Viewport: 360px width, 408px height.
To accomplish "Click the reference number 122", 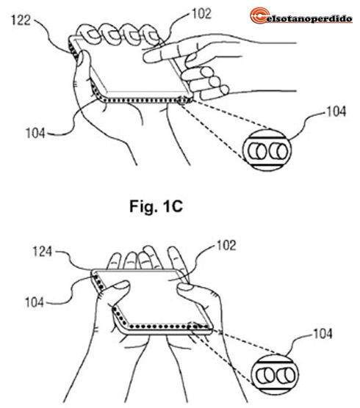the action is [x=21, y=20].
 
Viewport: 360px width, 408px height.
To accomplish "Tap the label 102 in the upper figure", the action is [x=201, y=13].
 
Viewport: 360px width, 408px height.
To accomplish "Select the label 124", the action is [x=42, y=252].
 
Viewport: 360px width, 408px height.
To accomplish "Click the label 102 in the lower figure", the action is [x=226, y=245].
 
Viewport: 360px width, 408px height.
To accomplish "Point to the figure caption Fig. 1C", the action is [x=156, y=206].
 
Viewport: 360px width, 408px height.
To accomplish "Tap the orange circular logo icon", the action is [x=259, y=15].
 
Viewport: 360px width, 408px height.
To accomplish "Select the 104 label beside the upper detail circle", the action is [x=336, y=112].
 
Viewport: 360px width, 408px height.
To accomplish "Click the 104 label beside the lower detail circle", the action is [x=323, y=334].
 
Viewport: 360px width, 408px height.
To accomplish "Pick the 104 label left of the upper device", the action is [x=35, y=134].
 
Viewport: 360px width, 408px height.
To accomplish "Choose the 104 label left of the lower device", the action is [x=35, y=302].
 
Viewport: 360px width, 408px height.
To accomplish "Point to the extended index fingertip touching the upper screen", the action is [x=148, y=57].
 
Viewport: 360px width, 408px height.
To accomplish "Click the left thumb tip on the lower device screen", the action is [x=123, y=285].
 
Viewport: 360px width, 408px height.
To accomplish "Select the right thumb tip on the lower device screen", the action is [x=184, y=287].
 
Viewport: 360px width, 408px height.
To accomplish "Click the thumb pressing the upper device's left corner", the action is [x=82, y=59].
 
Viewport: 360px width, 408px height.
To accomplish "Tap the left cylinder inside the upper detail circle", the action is [x=257, y=151].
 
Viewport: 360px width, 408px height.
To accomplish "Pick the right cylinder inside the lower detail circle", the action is [x=286, y=376].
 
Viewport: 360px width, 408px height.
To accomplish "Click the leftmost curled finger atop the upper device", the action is [x=87, y=34].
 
